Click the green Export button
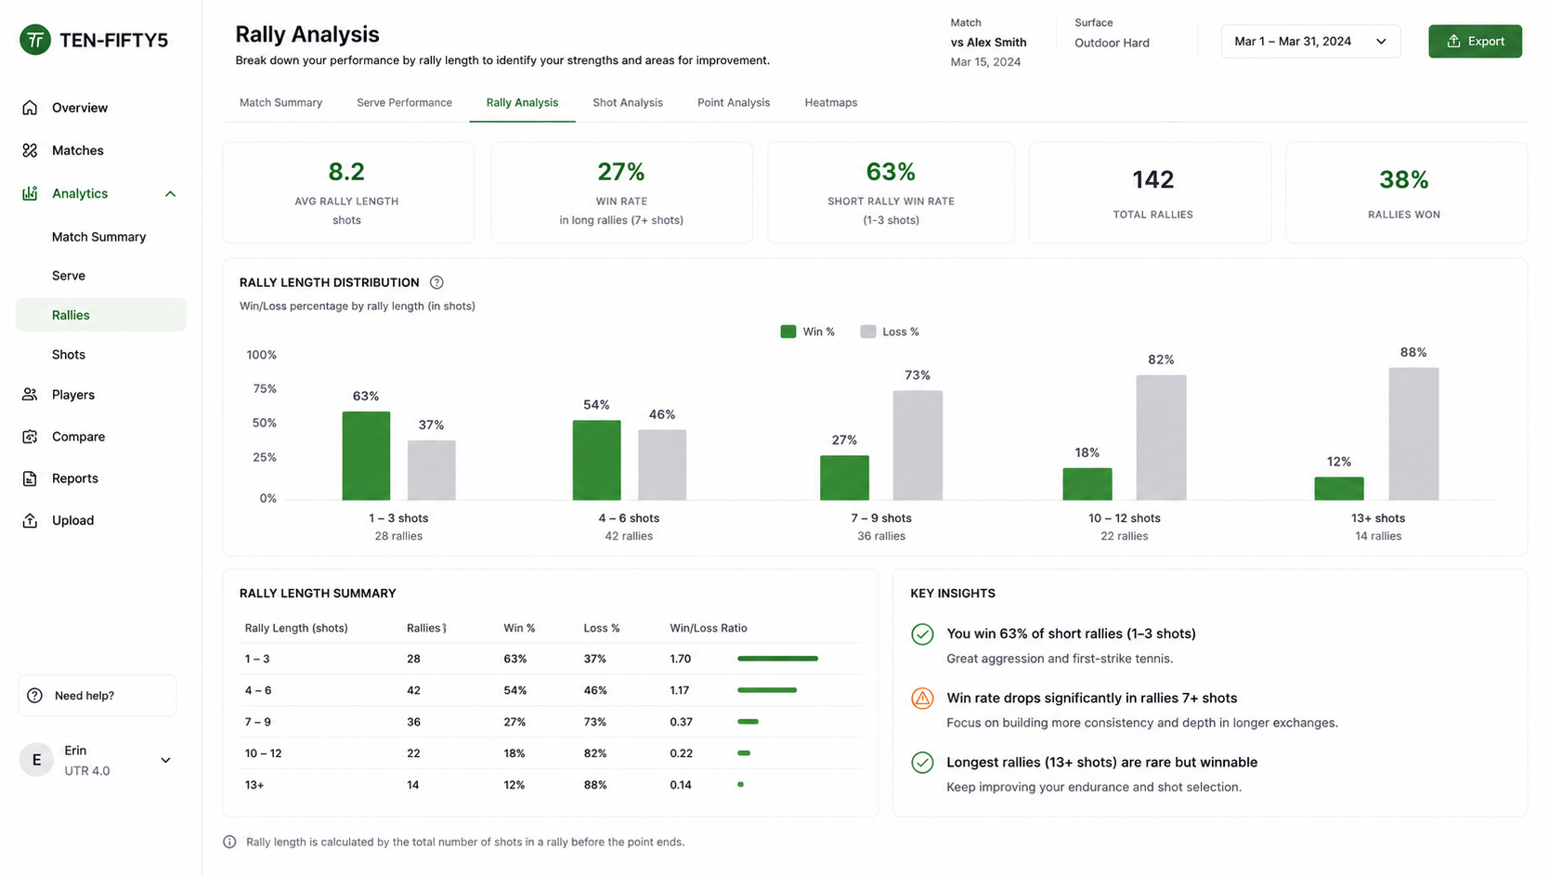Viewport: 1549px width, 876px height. (x=1475, y=42)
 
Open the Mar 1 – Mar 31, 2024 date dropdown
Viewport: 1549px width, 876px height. (x=1310, y=42)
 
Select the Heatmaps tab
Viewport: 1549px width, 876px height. (x=830, y=102)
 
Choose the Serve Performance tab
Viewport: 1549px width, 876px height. (x=405, y=102)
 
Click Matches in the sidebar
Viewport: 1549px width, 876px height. (x=77, y=150)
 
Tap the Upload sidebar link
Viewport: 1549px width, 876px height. (x=72, y=520)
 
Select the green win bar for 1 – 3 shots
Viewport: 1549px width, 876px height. (x=366, y=455)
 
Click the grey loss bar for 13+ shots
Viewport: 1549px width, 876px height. (x=1413, y=433)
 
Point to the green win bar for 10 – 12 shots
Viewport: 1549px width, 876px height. (x=1087, y=484)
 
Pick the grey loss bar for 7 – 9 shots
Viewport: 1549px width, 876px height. (x=918, y=445)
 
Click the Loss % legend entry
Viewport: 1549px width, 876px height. (x=890, y=332)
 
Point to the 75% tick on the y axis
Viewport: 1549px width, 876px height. (x=265, y=389)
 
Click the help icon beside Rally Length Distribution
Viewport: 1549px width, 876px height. (x=436, y=282)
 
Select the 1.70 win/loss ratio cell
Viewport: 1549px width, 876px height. (x=681, y=659)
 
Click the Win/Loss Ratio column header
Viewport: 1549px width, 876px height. (x=709, y=628)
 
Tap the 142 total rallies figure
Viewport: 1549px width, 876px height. (x=1152, y=180)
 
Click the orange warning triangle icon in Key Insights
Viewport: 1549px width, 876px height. (x=922, y=699)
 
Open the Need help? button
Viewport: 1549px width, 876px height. (x=98, y=696)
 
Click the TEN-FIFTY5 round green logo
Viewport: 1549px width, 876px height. (x=35, y=39)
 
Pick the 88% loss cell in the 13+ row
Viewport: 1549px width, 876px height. (x=594, y=785)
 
